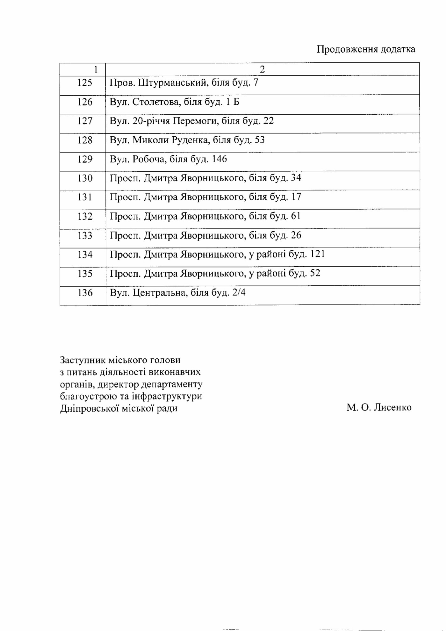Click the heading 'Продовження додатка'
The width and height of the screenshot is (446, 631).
(x=366, y=49)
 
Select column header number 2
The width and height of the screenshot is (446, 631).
(x=262, y=69)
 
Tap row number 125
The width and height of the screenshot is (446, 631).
(x=85, y=83)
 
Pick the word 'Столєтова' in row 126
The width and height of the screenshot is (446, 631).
(x=156, y=102)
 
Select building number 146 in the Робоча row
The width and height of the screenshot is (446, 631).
(x=219, y=159)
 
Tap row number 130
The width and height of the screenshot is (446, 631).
(x=85, y=178)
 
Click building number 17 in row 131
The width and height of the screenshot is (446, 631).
(x=296, y=197)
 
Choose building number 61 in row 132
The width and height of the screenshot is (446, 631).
(x=296, y=216)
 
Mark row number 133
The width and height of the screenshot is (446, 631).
(x=85, y=235)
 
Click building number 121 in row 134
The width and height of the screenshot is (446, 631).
(x=317, y=254)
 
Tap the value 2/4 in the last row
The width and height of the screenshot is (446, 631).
(x=239, y=292)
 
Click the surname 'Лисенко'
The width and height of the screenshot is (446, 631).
(x=392, y=407)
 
